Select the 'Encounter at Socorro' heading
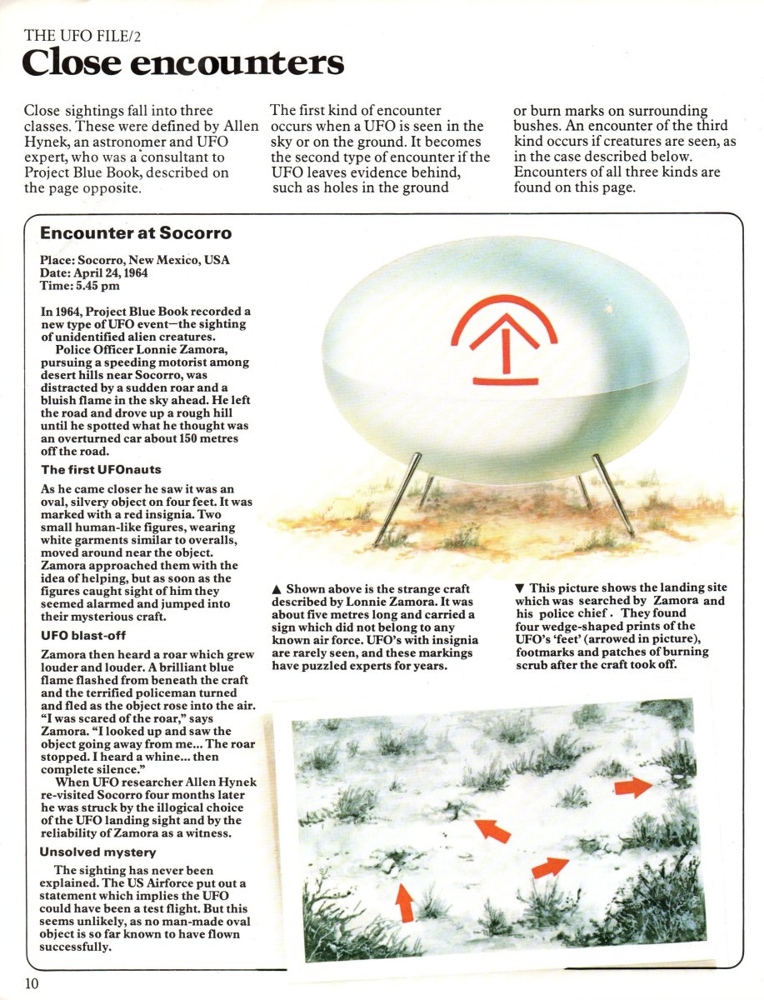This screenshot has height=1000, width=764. click(136, 234)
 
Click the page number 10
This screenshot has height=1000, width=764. click(32, 983)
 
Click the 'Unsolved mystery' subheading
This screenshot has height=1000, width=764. click(97, 852)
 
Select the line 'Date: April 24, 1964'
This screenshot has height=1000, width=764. click(100, 272)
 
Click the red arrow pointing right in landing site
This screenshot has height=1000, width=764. click(633, 786)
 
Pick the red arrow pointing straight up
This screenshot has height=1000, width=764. click(405, 902)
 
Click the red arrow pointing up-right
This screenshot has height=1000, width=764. click(550, 867)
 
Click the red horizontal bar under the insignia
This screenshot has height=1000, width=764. click(505, 382)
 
